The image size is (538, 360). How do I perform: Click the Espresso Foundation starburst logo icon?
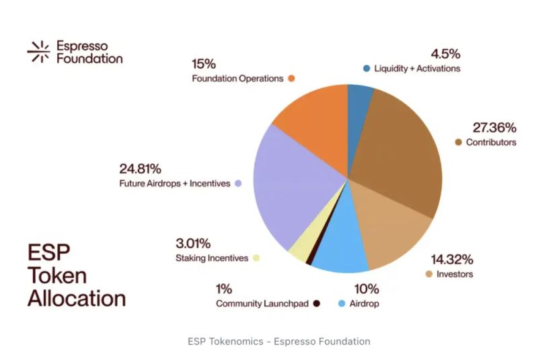tap(38, 51)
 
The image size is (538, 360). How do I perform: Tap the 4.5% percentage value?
tap(444, 53)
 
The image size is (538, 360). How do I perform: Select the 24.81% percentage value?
tap(140, 168)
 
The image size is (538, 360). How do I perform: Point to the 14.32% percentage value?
tap(452, 259)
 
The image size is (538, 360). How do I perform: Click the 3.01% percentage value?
tap(193, 242)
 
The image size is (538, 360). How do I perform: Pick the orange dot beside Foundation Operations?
tap(292, 79)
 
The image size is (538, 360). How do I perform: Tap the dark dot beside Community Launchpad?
tap(317, 304)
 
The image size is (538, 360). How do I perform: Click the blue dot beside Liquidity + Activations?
tap(367, 69)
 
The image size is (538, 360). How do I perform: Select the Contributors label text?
tap(491, 143)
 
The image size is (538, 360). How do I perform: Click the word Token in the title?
tap(57, 275)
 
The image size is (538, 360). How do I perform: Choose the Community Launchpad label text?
tap(262, 304)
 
